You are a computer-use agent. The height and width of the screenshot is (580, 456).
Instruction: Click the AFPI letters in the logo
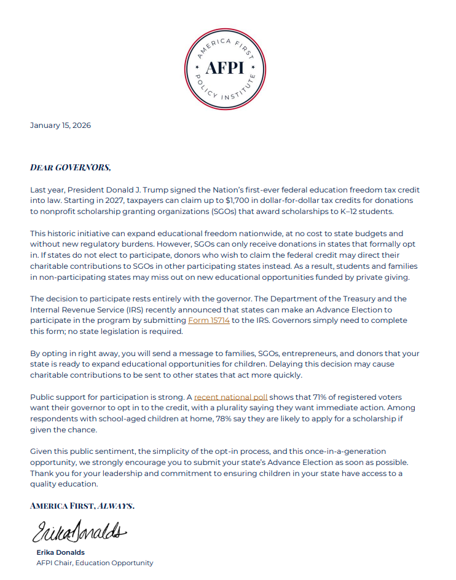(x=226, y=67)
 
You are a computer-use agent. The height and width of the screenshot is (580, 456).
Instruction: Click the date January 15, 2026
(x=60, y=125)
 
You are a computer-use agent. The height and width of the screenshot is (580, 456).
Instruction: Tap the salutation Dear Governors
(x=70, y=167)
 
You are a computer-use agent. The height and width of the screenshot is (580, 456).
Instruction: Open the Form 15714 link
(x=209, y=321)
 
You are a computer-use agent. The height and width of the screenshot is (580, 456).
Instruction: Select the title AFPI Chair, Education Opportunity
(x=95, y=563)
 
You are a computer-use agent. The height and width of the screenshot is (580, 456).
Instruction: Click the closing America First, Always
(x=82, y=506)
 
